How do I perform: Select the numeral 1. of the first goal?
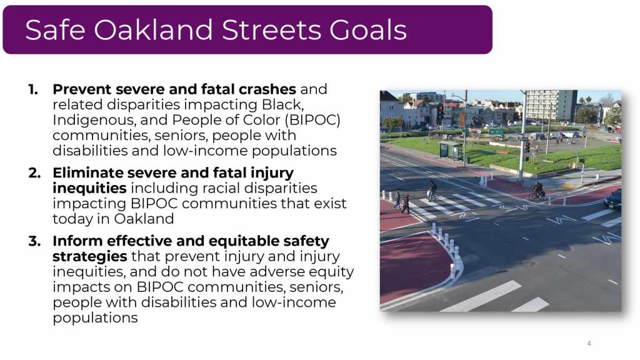tap(34, 89)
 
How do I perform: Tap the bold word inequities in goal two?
tap(89, 188)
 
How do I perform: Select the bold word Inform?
tap(77, 241)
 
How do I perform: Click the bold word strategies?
tap(90, 257)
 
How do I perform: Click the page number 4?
tap(589, 343)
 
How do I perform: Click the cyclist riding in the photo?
tap(537, 191)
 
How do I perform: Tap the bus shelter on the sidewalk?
tap(451, 150)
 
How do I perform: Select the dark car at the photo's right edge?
tap(613, 199)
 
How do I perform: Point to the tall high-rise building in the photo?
tap(551, 105)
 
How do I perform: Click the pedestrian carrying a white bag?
tap(432, 191)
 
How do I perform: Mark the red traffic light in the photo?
tap(441, 111)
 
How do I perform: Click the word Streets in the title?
tap(272, 30)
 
